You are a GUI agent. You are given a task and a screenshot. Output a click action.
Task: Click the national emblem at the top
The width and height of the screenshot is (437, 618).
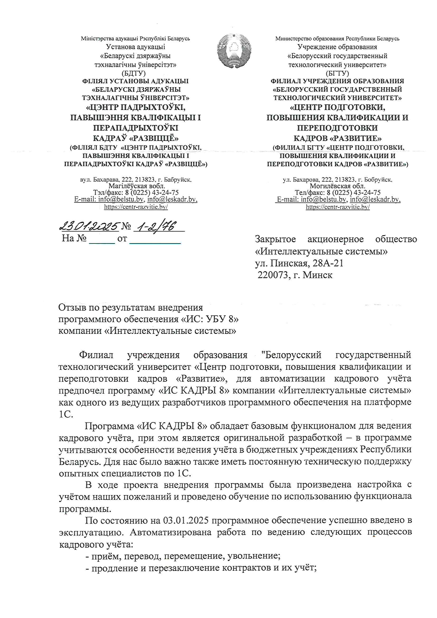234,51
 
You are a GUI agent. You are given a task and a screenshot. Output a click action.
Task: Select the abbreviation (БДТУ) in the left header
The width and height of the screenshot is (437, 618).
134,73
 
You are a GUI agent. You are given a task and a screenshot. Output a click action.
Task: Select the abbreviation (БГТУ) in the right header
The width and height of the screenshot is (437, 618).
337,73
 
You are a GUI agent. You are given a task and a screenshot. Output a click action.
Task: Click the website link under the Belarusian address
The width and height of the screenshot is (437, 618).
136,207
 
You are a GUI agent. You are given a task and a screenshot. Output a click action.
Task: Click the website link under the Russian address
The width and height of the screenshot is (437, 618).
338,207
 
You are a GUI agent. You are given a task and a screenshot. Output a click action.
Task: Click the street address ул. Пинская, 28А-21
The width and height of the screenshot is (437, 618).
299,263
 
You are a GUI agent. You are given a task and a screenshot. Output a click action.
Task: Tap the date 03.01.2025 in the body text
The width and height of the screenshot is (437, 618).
186,520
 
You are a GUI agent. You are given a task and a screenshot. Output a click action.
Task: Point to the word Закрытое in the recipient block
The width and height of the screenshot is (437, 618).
275,239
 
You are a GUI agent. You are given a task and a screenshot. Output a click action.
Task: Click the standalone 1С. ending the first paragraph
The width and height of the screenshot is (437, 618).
66,414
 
